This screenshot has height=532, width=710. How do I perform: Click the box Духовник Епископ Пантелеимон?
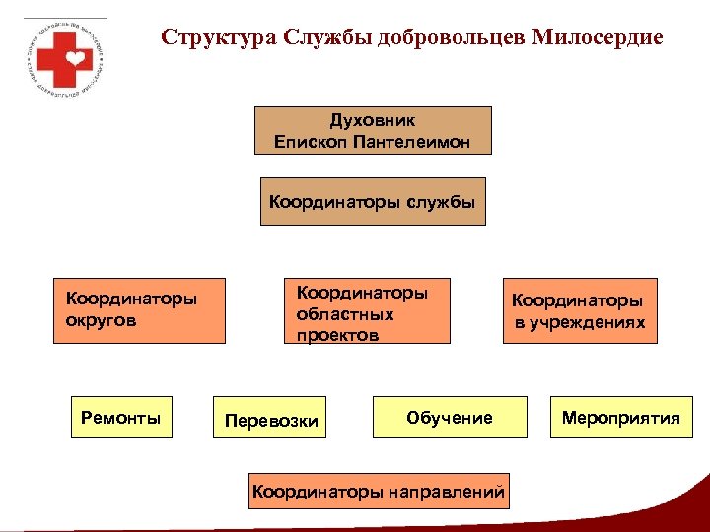point(373,131)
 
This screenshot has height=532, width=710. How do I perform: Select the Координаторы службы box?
point(373,202)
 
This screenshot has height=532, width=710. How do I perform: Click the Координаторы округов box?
point(139,309)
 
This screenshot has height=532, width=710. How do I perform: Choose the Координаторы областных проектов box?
point(366,309)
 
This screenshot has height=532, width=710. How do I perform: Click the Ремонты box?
point(120,418)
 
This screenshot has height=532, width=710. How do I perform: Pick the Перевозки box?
point(271,421)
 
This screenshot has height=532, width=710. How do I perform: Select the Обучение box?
point(449,418)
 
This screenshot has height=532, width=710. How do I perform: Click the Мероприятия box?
point(621,418)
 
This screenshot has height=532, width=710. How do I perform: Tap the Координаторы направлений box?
point(379,490)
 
